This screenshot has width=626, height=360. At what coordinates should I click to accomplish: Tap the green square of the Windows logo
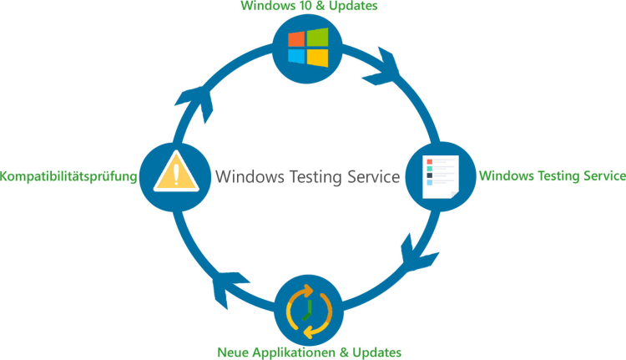[x=318, y=38]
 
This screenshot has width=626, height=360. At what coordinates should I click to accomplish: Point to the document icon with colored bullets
[x=440, y=176]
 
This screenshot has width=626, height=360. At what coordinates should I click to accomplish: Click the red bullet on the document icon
[x=429, y=161]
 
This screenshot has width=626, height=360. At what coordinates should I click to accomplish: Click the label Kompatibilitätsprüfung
[x=68, y=176]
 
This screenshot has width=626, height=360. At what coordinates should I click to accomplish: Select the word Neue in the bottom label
[x=233, y=352]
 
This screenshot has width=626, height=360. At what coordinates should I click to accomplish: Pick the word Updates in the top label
[x=355, y=7]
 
